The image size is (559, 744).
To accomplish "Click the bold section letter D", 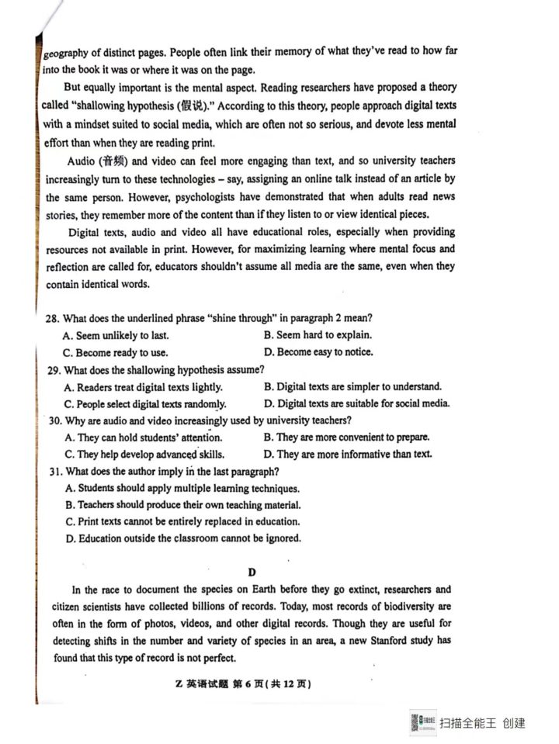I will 252,573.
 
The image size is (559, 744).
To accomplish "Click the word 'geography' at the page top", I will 65,53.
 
